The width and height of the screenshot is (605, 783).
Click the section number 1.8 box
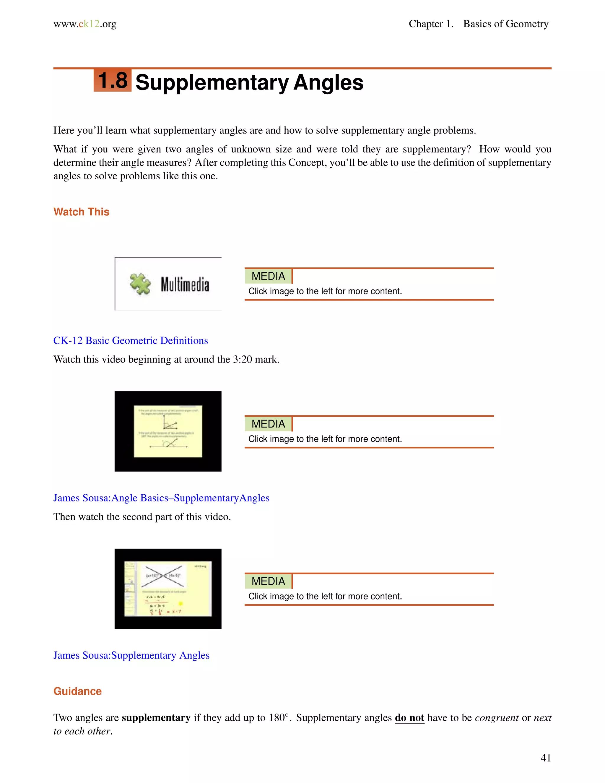tap(113, 80)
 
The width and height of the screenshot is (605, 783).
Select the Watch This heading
tap(81, 212)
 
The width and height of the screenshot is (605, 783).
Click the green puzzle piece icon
tap(140, 284)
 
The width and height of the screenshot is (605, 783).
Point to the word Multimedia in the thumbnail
tap(185, 285)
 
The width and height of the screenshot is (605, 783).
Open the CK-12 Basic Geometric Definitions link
tap(131, 341)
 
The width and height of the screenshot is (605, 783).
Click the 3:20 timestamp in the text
tap(242, 360)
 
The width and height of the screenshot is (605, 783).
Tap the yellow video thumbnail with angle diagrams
tap(168, 431)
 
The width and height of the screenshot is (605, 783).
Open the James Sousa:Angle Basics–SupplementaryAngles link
tap(161, 498)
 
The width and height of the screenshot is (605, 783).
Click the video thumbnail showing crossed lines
tap(168, 589)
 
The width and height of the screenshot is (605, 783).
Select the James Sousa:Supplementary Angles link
tap(131, 655)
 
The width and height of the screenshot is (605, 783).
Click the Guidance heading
tap(77, 691)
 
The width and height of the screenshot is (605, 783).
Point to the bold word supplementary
tap(156, 718)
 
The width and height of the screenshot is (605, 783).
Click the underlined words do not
tap(409, 718)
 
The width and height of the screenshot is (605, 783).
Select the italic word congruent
tap(496, 718)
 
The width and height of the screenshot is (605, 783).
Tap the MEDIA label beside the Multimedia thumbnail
tap(268, 276)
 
